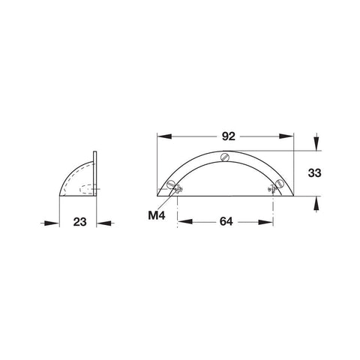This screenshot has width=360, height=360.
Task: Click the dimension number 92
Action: pos(229,136)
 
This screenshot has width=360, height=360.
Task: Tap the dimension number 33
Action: pos(314,172)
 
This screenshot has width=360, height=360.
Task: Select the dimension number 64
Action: pos(226,221)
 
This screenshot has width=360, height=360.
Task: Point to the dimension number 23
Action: pos(79,222)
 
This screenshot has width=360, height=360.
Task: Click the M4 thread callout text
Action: pos(157,215)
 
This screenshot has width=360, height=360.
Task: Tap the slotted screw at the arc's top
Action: pos(225,157)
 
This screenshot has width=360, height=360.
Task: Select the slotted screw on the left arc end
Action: pos(171,184)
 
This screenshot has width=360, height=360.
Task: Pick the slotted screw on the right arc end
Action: pos(279,183)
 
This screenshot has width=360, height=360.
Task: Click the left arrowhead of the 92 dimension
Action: pos(164,136)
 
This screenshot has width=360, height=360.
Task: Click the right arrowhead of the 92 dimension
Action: pos(286,136)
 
